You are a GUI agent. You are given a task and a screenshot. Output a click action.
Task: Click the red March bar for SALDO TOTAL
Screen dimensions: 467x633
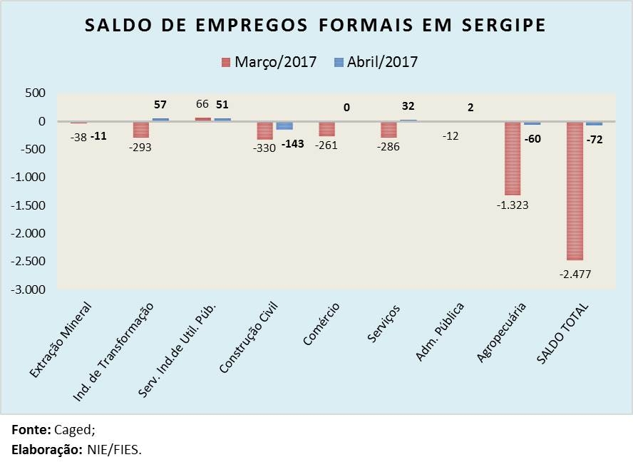pos(575,191)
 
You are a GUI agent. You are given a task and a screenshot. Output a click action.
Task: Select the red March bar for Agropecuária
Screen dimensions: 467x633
pos(513,158)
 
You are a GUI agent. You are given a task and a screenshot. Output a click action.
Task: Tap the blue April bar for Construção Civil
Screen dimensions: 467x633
pos(284,125)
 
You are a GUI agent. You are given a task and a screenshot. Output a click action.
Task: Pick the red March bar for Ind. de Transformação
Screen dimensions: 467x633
pos(141,130)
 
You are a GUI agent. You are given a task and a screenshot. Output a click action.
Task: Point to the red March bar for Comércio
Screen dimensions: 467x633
pos(327,129)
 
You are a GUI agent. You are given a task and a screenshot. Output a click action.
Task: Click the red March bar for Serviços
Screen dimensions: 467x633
pos(388,130)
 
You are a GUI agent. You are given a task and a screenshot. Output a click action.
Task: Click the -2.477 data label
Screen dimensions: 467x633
pos(575,274)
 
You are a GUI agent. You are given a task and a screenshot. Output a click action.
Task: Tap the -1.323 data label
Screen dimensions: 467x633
pos(511,205)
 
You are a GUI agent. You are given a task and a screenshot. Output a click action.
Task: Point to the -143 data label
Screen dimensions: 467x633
pos(292,144)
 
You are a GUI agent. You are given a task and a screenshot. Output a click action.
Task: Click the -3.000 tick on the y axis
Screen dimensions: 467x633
pos(29,290)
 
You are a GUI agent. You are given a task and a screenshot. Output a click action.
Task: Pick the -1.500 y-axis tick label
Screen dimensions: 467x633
pos(29,206)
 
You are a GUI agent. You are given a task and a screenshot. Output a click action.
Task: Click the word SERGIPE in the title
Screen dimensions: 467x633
pos(503,26)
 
